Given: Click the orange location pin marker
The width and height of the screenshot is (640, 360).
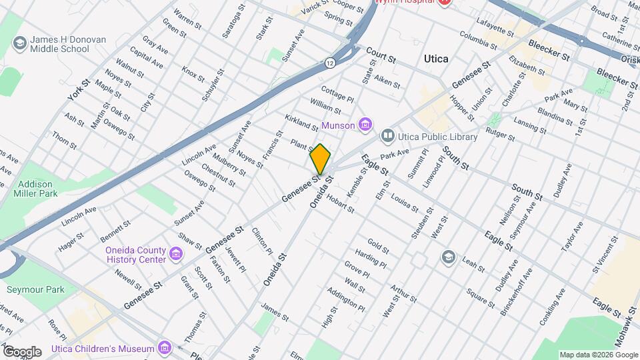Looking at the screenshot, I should (321, 159).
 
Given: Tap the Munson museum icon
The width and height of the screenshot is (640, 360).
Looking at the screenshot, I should (365, 125).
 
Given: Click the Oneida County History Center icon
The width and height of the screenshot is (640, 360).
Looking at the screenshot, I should (175, 254).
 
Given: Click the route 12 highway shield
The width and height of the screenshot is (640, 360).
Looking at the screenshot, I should (330, 63).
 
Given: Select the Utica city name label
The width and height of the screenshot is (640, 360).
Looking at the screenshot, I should (436, 59).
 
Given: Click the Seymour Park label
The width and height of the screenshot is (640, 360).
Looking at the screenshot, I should (35, 290).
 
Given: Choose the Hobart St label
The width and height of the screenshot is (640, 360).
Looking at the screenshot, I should (341, 205).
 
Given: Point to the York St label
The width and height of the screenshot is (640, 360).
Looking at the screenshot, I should (78, 91).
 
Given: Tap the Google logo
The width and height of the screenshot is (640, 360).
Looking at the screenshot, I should (21, 351).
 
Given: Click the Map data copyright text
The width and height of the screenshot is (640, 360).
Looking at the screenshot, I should (598, 355).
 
